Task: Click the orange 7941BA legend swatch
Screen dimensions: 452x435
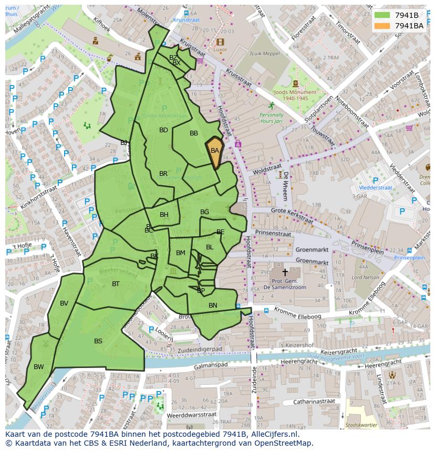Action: pyautogui.click(x=382, y=26)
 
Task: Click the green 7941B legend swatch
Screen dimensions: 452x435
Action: pyautogui.click(x=382, y=15)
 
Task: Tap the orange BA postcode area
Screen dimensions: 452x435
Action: pyautogui.click(x=215, y=151)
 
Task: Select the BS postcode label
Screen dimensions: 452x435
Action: pyautogui.click(x=98, y=341)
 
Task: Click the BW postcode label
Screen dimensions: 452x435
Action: pyautogui.click(x=39, y=367)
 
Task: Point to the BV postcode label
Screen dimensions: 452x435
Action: pyautogui.click(x=64, y=303)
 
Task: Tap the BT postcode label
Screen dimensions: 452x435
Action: pyautogui.click(x=116, y=284)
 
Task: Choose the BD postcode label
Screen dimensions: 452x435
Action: pyautogui.click(x=163, y=130)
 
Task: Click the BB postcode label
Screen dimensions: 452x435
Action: pyautogui.click(x=194, y=133)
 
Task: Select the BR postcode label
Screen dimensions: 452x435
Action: pyautogui.click(x=163, y=174)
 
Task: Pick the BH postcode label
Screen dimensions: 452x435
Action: pyautogui.click(x=164, y=215)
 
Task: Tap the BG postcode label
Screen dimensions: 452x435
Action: pyautogui.click(x=204, y=212)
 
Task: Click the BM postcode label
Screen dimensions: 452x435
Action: pyautogui.click(x=181, y=253)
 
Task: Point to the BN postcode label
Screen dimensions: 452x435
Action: pyautogui.click(x=213, y=306)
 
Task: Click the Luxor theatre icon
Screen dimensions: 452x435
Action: pyautogui.click(x=220, y=42)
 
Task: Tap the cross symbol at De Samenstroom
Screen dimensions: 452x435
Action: pyautogui.click(x=285, y=272)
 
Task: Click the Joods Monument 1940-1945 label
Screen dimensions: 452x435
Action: pyautogui.click(x=295, y=95)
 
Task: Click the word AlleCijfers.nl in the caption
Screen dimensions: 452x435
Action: pyautogui.click(x=273, y=434)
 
